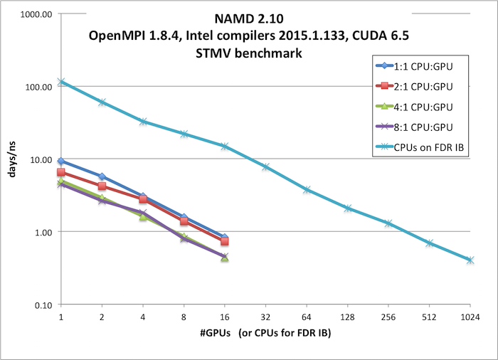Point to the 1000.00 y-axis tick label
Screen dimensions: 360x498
pyautogui.click(x=36, y=14)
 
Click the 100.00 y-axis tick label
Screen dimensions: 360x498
pyautogui.click(x=38, y=87)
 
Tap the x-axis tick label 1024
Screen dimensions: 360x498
pyautogui.click(x=470, y=316)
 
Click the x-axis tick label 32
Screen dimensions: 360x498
pyautogui.click(x=265, y=316)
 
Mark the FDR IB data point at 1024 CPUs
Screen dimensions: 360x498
pyautogui.click(x=470, y=260)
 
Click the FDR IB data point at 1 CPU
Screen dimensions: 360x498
pyautogui.click(x=61, y=82)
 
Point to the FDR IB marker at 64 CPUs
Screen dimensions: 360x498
pyautogui.click(x=307, y=190)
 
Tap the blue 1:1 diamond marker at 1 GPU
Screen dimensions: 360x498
pyautogui.click(x=61, y=162)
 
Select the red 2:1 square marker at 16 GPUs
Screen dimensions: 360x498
pyautogui.click(x=225, y=242)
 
